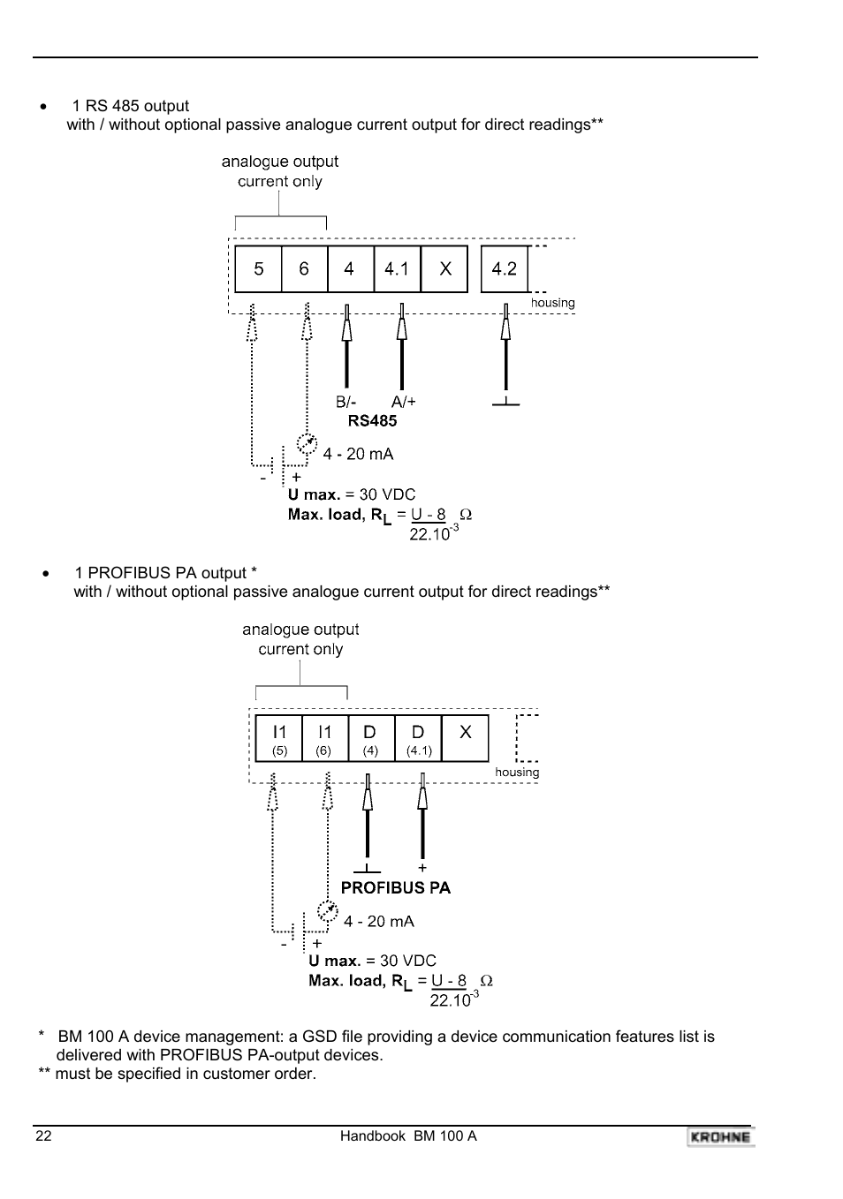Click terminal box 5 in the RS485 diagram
coord(258,268)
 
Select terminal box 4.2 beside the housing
coord(504,268)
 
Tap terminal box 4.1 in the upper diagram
coord(397,268)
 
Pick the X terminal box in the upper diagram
coord(444,268)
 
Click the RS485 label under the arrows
coord(372,421)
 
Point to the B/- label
coord(346,402)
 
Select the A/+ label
coord(403,402)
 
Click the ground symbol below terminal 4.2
coord(505,403)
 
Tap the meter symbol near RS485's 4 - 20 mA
coord(307,442)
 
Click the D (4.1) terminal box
coord(418,739)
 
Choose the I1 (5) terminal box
coord(279,739)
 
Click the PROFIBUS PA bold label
coord(395,888)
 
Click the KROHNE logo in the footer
coord(720,1137)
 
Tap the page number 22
coord(43,1136)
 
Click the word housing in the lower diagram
coord(517,773)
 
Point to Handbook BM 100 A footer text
coord(408,1136)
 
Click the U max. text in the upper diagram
coord(314,494)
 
